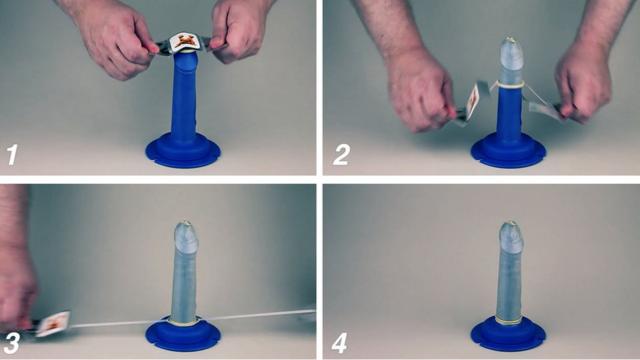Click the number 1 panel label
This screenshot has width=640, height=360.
point(12,155)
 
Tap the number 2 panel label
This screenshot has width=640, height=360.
point(341,155)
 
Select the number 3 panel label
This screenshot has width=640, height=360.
point(11,344)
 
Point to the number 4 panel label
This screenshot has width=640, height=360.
point(340,343)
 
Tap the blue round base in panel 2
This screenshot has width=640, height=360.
point(508,150)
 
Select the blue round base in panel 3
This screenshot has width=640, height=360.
point(183,334)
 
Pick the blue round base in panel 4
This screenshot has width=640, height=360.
point(508,334)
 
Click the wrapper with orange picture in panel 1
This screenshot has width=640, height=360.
point(186,42)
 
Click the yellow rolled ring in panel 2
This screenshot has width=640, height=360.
point(509,85)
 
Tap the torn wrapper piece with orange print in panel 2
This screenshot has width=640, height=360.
point(474,102)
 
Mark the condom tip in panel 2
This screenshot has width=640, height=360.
point(509,42)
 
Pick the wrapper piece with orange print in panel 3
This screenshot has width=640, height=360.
point(53,323)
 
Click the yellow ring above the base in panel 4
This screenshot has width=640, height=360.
point(508,322)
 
